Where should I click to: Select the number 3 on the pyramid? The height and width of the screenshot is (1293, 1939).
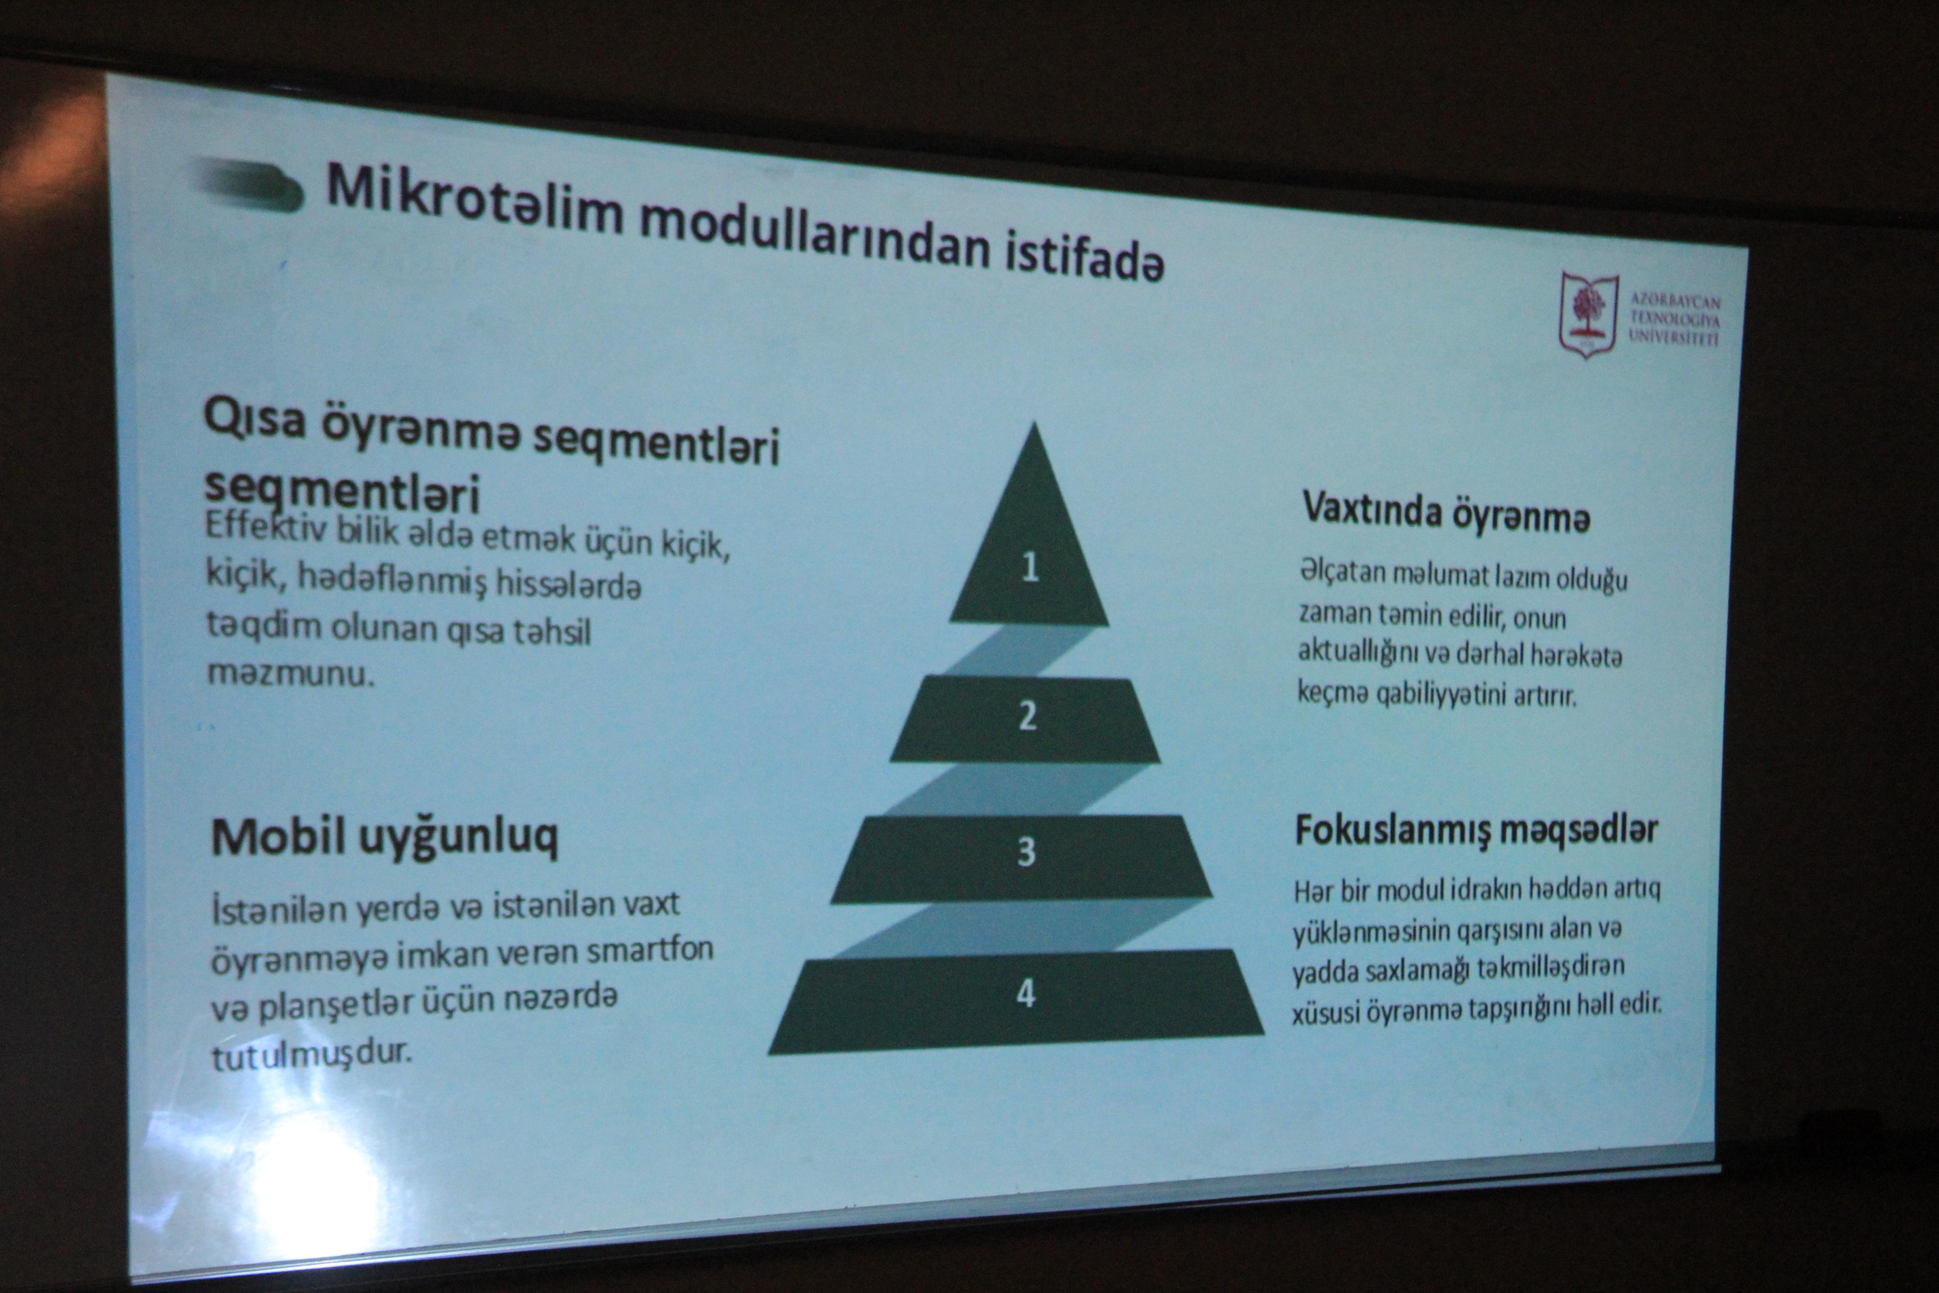pos(1026,851)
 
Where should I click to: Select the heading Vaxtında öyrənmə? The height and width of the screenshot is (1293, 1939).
pos(1446,513)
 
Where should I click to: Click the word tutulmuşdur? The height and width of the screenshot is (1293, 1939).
pos(311,1055)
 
